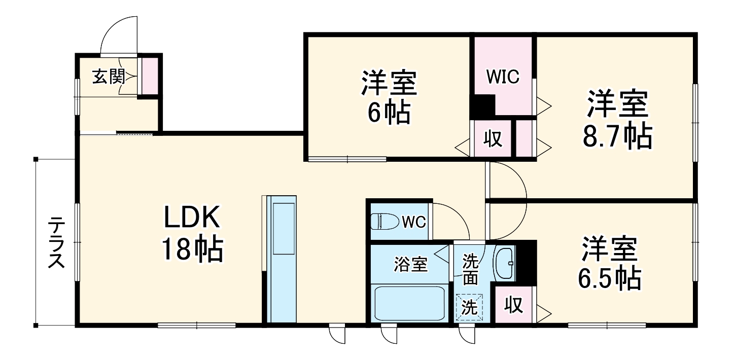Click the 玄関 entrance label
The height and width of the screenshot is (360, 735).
click(109, 77)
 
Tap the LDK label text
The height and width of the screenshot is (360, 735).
click(192, 217)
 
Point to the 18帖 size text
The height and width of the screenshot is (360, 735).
click(193, 249)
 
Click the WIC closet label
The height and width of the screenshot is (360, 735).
click(503, 77)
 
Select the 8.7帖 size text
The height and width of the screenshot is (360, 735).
click(617, 136)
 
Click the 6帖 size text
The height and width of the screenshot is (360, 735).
click(389, 112)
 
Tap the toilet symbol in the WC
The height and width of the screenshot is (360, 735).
click(384, 222)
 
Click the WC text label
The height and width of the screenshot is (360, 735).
click(414, 222)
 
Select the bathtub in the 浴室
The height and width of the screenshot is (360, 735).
click(409, 304)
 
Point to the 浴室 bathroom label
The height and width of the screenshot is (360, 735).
click(411, 264)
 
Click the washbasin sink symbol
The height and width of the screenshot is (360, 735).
click(504, 263)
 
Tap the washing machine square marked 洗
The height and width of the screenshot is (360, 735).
click(469, 307)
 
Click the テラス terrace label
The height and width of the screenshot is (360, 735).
click(56, 242)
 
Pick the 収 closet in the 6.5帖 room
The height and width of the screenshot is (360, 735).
click(514, 305)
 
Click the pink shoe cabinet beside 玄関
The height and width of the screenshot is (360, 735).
click(150, 76)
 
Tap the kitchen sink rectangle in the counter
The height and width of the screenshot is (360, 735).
click(284, 228)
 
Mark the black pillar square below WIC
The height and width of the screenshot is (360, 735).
click(483, 105)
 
